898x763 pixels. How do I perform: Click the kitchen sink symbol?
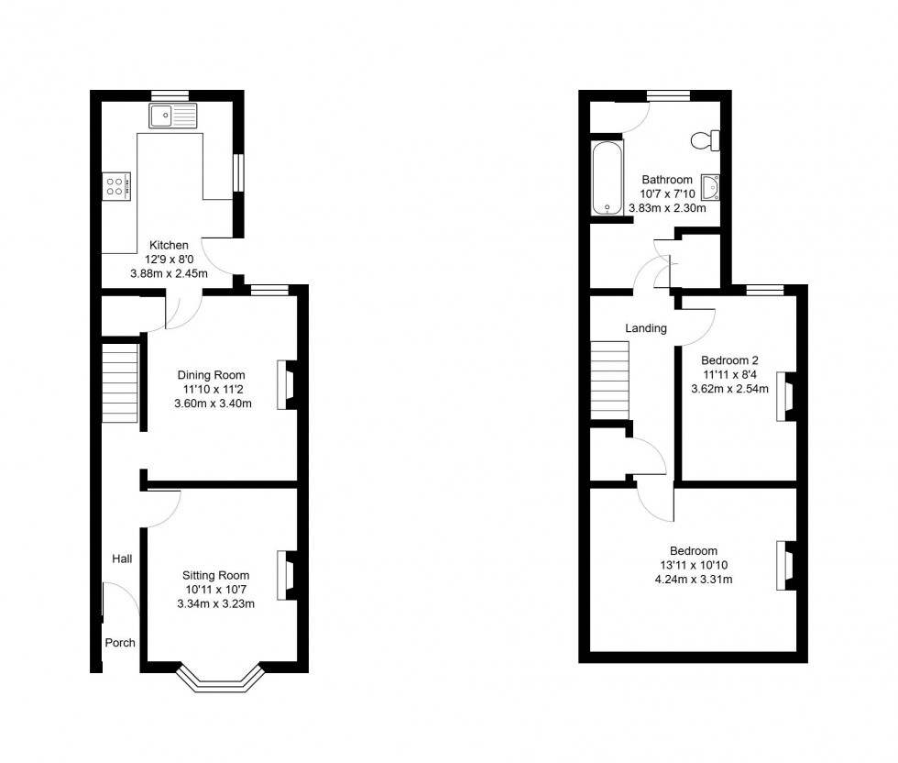(x=172, y=116)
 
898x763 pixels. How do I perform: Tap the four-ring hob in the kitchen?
(x=116, y=187)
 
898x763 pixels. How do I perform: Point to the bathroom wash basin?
(x=710, y=187)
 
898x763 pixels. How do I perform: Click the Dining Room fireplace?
(x=287, y=385)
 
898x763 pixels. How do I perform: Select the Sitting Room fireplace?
(x=287, y=575)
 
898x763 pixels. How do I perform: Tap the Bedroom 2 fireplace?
(x=785, y=396)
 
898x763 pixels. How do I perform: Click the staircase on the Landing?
(x=610, y=381)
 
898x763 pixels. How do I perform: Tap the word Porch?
(x=120, y=643)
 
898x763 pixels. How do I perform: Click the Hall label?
(x=122, y=558)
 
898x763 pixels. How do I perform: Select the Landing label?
(x=646, y=328)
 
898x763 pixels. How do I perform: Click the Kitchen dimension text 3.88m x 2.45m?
(x=170, y=273)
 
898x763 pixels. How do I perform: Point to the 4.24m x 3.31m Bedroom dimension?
(x=693, y=579)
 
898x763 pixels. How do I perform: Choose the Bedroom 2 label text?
(x=729, y=359)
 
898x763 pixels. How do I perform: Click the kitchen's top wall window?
(x=170, y=94)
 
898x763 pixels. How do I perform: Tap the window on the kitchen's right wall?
(x=238, y=172)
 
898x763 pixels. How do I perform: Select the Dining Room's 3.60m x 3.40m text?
(x=214, y=404)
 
